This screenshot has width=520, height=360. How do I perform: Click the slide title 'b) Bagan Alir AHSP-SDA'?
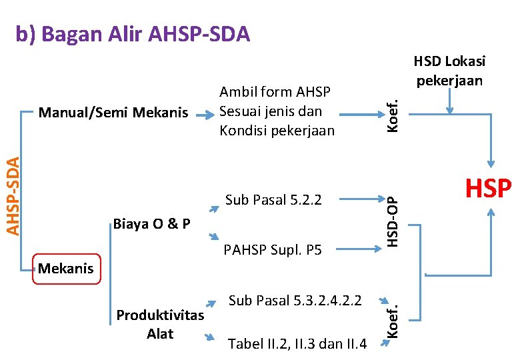point(133,34)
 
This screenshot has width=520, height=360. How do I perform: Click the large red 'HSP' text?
point(488,189)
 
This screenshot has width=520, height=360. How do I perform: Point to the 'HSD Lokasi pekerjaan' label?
point(449,71)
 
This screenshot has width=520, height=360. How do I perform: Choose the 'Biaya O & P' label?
point(152,223)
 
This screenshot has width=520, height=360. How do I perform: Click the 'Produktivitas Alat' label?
point(160,324)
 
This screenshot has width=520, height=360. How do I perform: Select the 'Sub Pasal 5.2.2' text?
point(273,199)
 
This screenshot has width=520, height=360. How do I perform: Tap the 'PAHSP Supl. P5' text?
point(273,251)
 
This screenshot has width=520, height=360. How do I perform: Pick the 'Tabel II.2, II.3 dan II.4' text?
point(297,344)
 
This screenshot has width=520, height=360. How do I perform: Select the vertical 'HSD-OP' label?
point(393,221)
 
